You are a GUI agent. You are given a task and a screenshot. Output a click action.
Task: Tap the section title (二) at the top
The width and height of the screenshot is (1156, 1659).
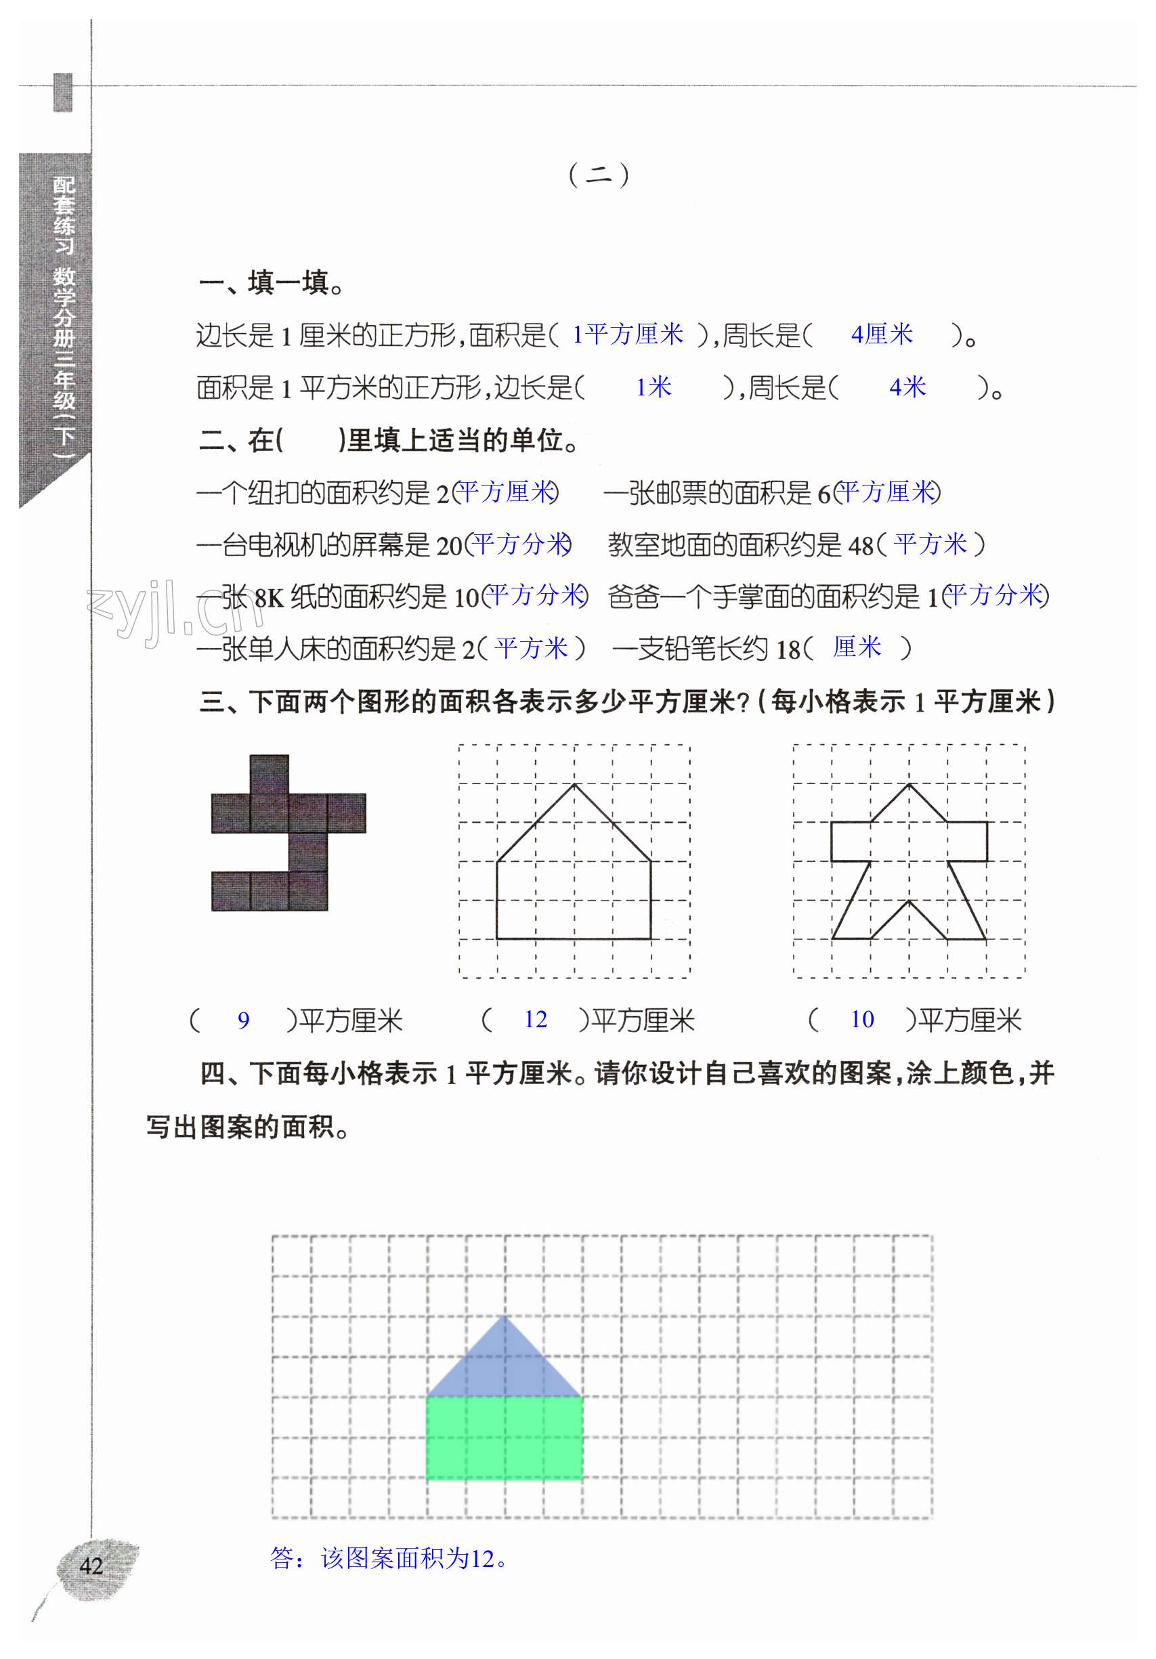tap(598, 175)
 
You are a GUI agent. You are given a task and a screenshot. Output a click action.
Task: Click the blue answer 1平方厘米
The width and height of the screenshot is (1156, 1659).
tap(627, 334)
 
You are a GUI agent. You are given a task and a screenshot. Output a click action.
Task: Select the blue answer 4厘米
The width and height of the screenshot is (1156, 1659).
tap(882, 334)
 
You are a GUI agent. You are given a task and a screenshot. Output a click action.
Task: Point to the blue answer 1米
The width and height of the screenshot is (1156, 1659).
tap(653, 387)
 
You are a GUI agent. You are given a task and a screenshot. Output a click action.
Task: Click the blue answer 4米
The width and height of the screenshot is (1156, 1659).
tap(907, 387)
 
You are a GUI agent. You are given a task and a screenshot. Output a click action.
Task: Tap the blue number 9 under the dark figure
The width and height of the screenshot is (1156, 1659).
tap(244, 1020)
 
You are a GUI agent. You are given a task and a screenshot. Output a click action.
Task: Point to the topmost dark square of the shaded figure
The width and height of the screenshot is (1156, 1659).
tap(270, 774)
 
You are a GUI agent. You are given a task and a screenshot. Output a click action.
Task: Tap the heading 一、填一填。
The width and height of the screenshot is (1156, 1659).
tap(271, 282)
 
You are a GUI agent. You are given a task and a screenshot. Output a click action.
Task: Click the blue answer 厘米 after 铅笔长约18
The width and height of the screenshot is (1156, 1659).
tap(857, 647)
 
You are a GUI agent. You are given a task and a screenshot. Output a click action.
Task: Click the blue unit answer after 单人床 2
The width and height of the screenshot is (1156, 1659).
tap(532, 648)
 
